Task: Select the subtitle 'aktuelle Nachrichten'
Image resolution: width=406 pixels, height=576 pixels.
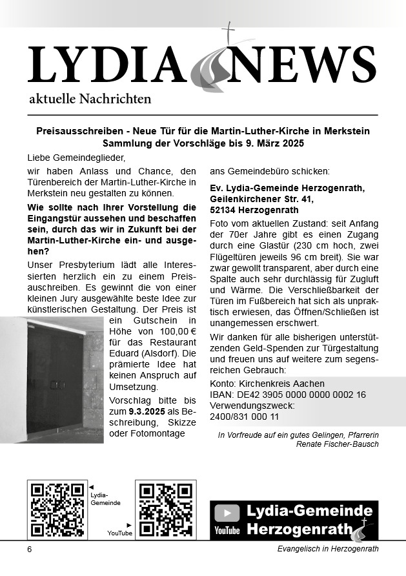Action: (90, 99)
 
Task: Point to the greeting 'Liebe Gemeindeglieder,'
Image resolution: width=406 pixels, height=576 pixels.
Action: (75, 157)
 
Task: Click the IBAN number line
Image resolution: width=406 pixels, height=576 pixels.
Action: (288, 394)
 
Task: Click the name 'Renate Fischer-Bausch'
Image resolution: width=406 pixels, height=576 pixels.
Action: (337, 444)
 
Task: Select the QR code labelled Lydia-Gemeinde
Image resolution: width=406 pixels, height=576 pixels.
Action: (57, 509)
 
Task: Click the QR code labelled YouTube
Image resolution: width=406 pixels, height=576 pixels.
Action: (165, 509)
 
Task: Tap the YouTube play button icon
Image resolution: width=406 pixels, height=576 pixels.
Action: (227, 513)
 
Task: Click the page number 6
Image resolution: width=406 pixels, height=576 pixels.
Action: (29, 549)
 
